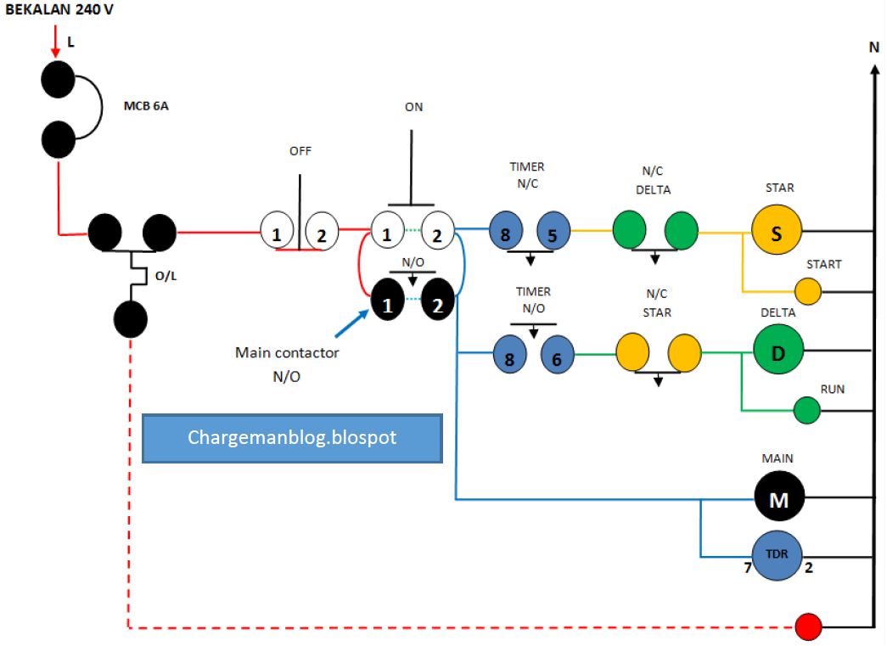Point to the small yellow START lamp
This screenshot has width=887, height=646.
coord(808,291)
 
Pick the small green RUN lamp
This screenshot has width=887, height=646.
coord(807,412)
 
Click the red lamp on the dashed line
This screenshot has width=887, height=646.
coord(809,627)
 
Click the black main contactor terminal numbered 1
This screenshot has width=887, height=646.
coord(388,302)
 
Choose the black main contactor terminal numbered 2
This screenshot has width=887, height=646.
coord(438,302)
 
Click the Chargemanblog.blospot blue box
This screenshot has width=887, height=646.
coord(292,438)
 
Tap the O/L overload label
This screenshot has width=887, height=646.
coord(166,276)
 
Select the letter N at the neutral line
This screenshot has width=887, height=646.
coord(873,48)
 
